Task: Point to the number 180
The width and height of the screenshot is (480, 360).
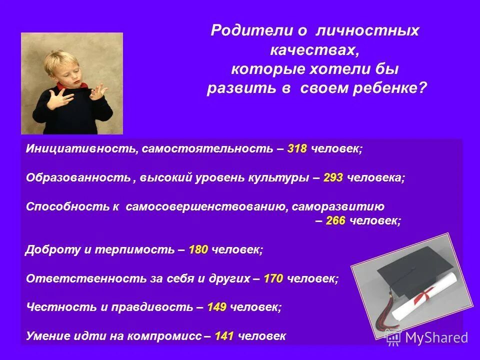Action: (198, 250)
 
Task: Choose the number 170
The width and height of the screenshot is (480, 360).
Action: (273, 278)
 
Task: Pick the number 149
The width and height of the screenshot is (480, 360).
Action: (216, 307)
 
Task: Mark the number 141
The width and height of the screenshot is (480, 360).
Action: (224, 336)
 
